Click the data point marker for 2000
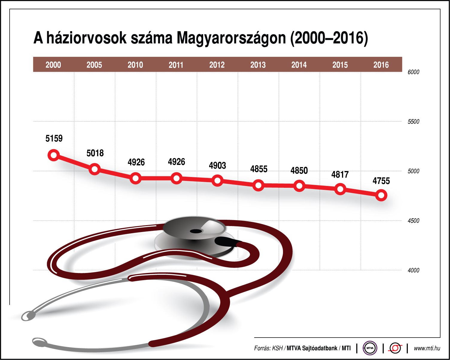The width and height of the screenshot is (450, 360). pos(54,155)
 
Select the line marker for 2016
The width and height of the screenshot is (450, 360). pos(381,196)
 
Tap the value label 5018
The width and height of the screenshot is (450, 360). pos(95,153)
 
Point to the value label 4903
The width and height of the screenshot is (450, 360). pos(218,165)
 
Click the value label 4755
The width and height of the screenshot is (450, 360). pos(381,181)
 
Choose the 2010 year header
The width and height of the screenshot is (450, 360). pos(135,65)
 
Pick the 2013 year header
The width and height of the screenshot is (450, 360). pos(258,65)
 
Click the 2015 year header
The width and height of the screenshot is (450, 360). pos(340,65)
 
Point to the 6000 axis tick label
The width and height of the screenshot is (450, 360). pos(413,72)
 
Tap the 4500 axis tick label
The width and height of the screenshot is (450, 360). pos(413,221)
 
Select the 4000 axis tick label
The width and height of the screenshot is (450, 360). pos(413,270)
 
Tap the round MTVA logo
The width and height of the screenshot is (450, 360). pos(370,348)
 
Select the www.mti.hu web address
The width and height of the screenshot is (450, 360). pos(427,348)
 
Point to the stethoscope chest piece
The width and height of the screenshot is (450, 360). pos(194,236)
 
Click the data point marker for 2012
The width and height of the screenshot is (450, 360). pos(217,181)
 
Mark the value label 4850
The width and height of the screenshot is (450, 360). pos(299,170)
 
